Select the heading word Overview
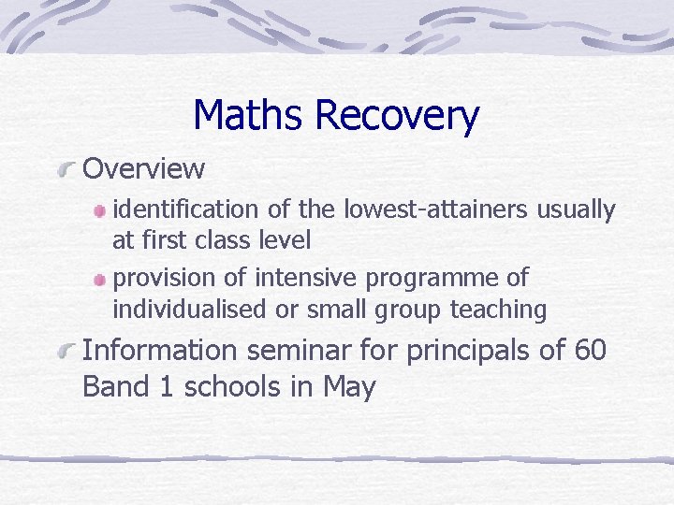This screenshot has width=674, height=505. (144, 169)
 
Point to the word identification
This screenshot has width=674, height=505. (185, 210)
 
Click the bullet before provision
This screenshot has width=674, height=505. (100, 280)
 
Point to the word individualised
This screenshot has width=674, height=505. (187, 309)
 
